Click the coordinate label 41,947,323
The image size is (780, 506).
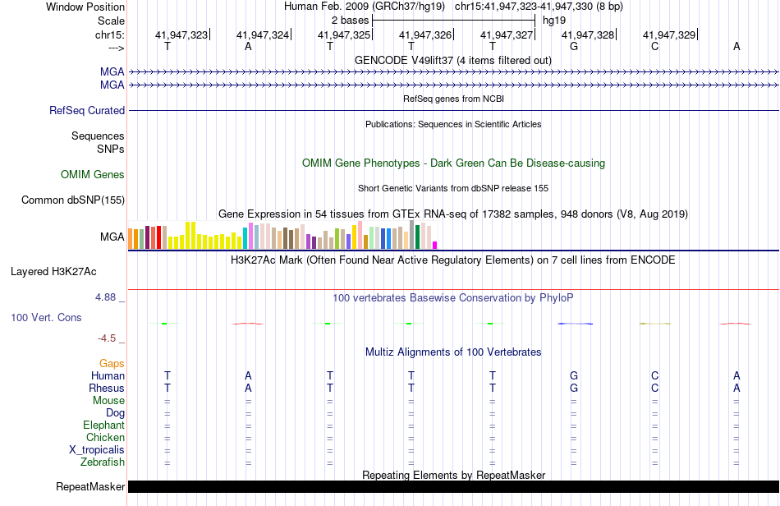pyautogui.click(x=181, y=34)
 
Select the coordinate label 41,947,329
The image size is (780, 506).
pyautogui.click(x=669, y=34)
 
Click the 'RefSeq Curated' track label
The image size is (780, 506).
pyautogui.click(x=87, y=110)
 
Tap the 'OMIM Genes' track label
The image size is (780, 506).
pyautogui.click(x=93, y=174)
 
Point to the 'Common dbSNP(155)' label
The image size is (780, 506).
pyautogui.click(x=73, y=200)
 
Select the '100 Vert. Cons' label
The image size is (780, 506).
pyautogui.click(x=46, y=317)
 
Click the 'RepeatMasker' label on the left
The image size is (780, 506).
pyautogui.click(x=90, y=487)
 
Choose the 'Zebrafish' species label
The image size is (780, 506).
pyautogui.click(x=103, y=462)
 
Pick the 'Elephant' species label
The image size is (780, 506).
pyautogui.click(x=103, y=425)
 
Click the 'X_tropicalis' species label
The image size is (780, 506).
pyautogui.click(x=97, y=450)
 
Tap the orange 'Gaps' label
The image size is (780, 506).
pyautogui.click(x=112, y=363)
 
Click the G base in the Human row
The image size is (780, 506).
pyautogui.click(x=574, y=375)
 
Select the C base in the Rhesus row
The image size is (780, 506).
pyautogui.click(x=654, y=388)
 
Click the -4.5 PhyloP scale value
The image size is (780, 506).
pyautogui.click(x=111, y=337)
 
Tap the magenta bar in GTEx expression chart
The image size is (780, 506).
pyautogui.click(x=435, y=245)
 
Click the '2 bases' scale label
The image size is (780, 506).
pyautogui.click(x=350, y=20)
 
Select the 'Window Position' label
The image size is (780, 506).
pyautogui.click(x=85, y=7)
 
